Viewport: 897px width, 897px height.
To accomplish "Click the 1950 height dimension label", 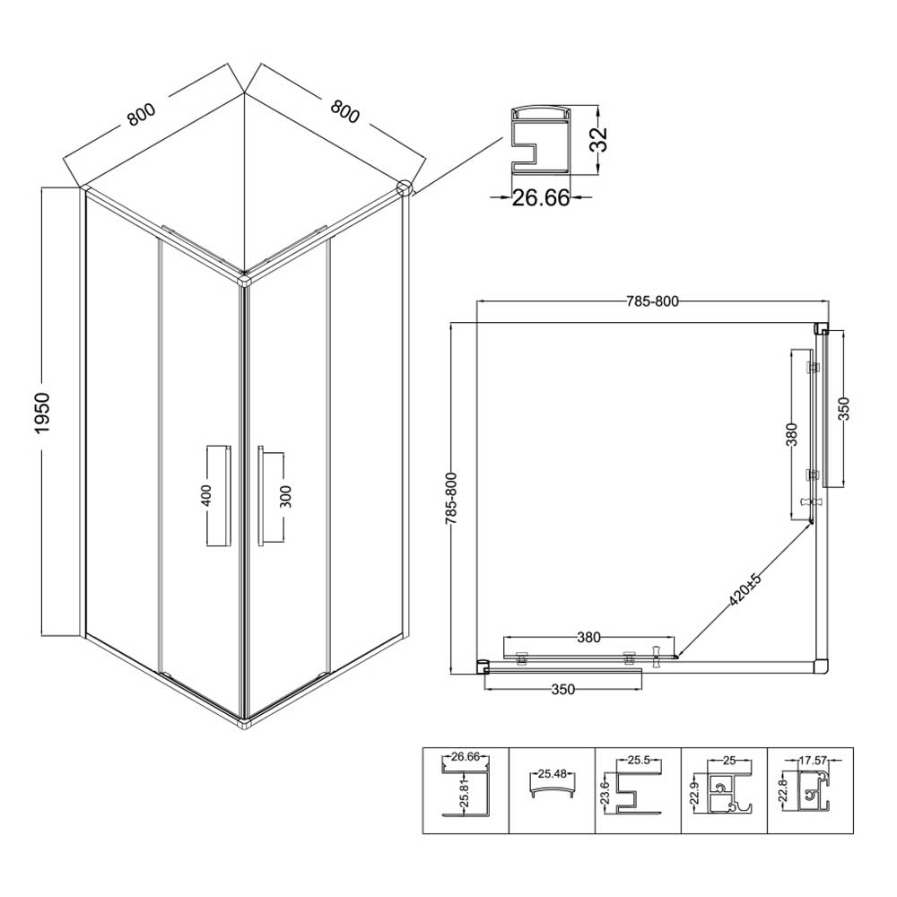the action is click(43, 413).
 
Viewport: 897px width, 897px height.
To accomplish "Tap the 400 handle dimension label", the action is click(206, 495).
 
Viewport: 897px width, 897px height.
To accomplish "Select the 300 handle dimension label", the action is click(286, 496).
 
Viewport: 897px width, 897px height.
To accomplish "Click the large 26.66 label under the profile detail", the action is click(541, 198).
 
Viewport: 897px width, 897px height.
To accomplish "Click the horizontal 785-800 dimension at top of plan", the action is click(652, 300).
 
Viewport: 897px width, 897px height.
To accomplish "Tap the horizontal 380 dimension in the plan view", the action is click(588, 637).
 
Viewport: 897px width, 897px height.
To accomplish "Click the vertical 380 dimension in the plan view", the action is click(792, 435).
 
